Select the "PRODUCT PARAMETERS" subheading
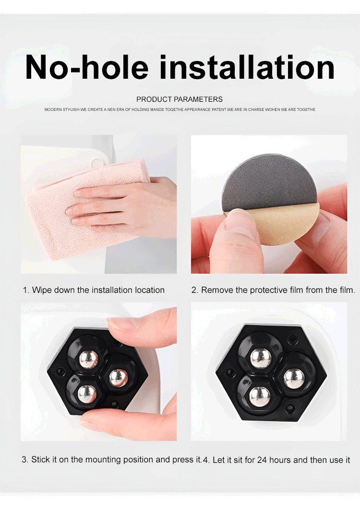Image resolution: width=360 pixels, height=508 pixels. pos(180,99)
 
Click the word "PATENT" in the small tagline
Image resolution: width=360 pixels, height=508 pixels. pos(219,109)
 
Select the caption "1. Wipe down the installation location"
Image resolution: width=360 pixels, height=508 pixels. pos(94,290)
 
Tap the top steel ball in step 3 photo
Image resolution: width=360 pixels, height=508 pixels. pos(89,359)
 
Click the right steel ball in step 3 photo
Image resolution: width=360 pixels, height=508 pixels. pos(119,378)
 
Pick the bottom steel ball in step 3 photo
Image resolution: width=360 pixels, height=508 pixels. pos(87,394)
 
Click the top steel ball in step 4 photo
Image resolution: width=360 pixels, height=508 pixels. pos(261,358)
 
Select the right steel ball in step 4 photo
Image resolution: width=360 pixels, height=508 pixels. pos(294,378)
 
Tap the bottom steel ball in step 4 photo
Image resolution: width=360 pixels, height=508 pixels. pos(260,397)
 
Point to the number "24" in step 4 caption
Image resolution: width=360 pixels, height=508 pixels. pos(262,460)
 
